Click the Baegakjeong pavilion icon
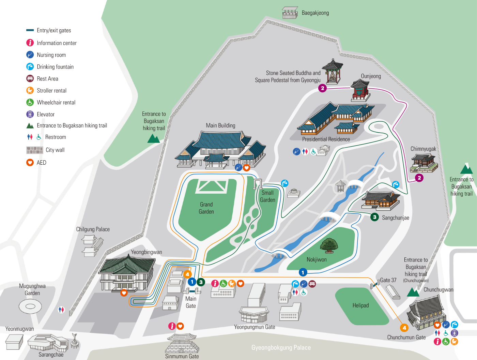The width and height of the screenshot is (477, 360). coord(290,13)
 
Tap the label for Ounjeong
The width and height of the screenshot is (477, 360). coord(371,76)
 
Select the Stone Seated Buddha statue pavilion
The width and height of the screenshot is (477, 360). coord(332,72)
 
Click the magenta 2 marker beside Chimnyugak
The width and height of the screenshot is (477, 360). coord(419,178)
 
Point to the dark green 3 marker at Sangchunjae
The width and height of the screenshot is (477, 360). coord(374,217)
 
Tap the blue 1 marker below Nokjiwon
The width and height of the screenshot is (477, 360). coord(303,272)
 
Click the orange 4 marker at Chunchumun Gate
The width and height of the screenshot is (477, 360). coord(404,328)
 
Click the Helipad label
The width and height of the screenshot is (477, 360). coord(360,305)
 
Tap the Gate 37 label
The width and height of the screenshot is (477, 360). coord(388,280)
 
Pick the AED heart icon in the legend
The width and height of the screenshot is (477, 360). coord(30,162)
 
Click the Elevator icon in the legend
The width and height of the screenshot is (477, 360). coord(30,114)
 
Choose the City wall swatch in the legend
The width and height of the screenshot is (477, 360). coord(34,150)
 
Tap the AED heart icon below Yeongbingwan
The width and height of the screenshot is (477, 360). coord(124,293)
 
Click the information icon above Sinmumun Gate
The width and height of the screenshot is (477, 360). coord(172,326)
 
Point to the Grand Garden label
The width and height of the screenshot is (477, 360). coord(206,208)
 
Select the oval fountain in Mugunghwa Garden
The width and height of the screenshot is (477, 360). coord(30,306)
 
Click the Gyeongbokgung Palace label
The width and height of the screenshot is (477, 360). coord(281,348)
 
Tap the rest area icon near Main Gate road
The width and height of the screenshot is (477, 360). coord(312,284)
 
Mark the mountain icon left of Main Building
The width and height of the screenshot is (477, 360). coord(153,138)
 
